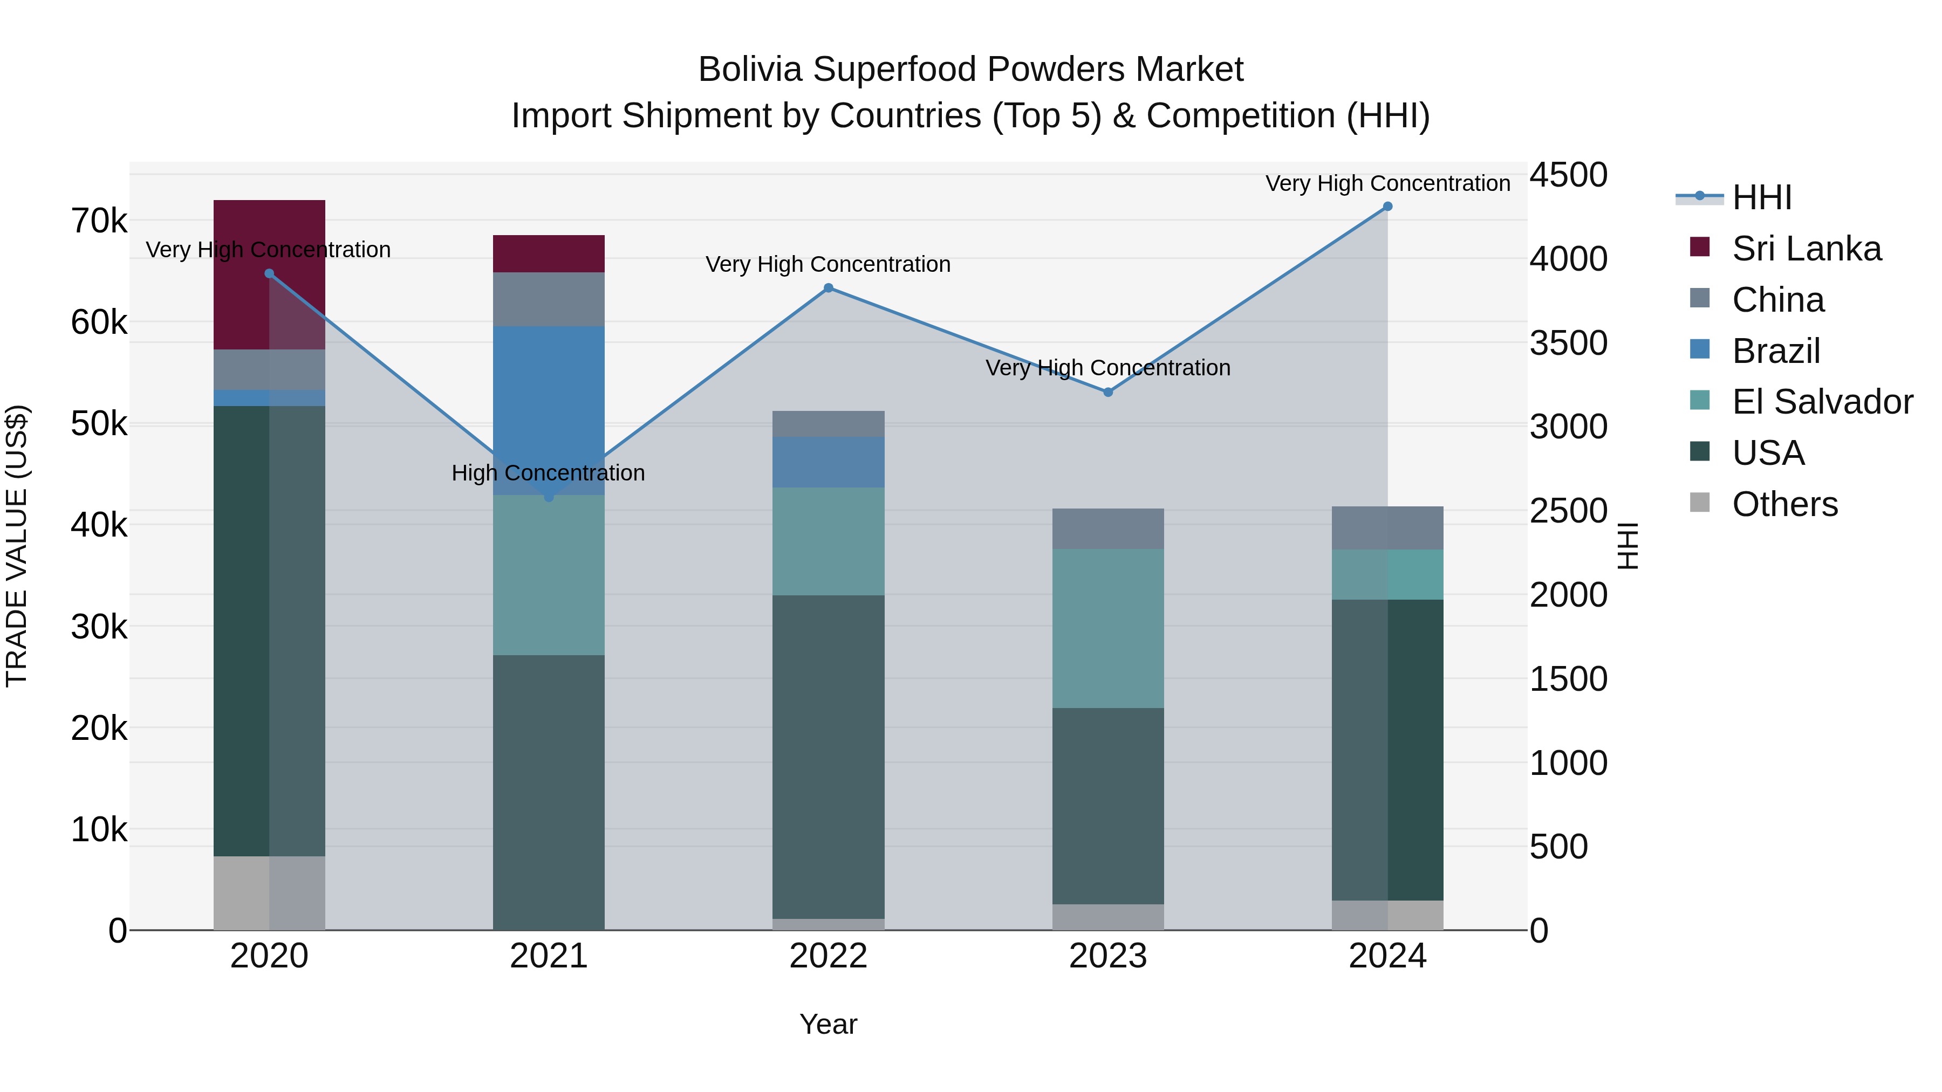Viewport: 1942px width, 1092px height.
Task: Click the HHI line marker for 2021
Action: (x=549, y=497)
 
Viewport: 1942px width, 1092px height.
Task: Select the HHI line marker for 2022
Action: (x=829, y=288)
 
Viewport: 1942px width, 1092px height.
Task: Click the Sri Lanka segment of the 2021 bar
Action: (x=549, y=254)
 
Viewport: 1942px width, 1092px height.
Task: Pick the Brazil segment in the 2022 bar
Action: (x=829, y=462)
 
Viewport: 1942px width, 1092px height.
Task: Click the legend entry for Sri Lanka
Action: (x=1806, y=249)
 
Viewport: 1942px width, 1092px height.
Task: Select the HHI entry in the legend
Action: (x=1761, y=197)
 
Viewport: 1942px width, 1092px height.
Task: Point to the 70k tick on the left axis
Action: (x=99, y=222)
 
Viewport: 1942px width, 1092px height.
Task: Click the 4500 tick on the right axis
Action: (x=1569, y=175)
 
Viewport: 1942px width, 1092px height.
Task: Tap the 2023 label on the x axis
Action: (x=1107, y=956)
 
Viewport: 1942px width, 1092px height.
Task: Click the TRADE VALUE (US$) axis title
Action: (x=17, y=546)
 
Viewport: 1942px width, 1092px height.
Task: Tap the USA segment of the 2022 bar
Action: (x=829, y=757)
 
